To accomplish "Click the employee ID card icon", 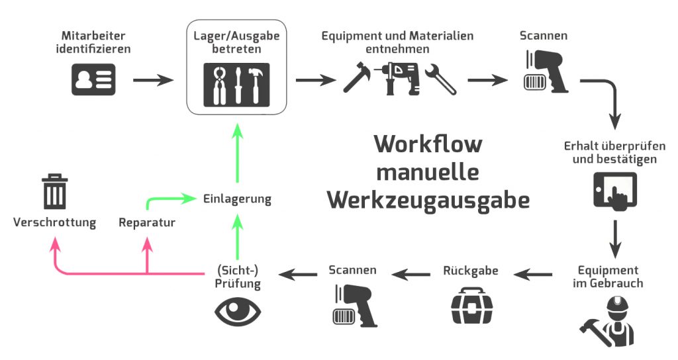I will coord(93,80).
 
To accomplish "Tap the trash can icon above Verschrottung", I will coord(54,192).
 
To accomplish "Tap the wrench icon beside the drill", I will coord(440,80).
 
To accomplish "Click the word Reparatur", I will coord(147,222).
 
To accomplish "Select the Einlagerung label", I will coord(237,199).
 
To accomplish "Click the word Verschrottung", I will coord(54,222).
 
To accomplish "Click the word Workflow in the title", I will coord(428,144).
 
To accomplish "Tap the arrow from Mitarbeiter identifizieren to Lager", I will coord(153,81).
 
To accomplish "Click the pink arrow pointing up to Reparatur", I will coord(147,255).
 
